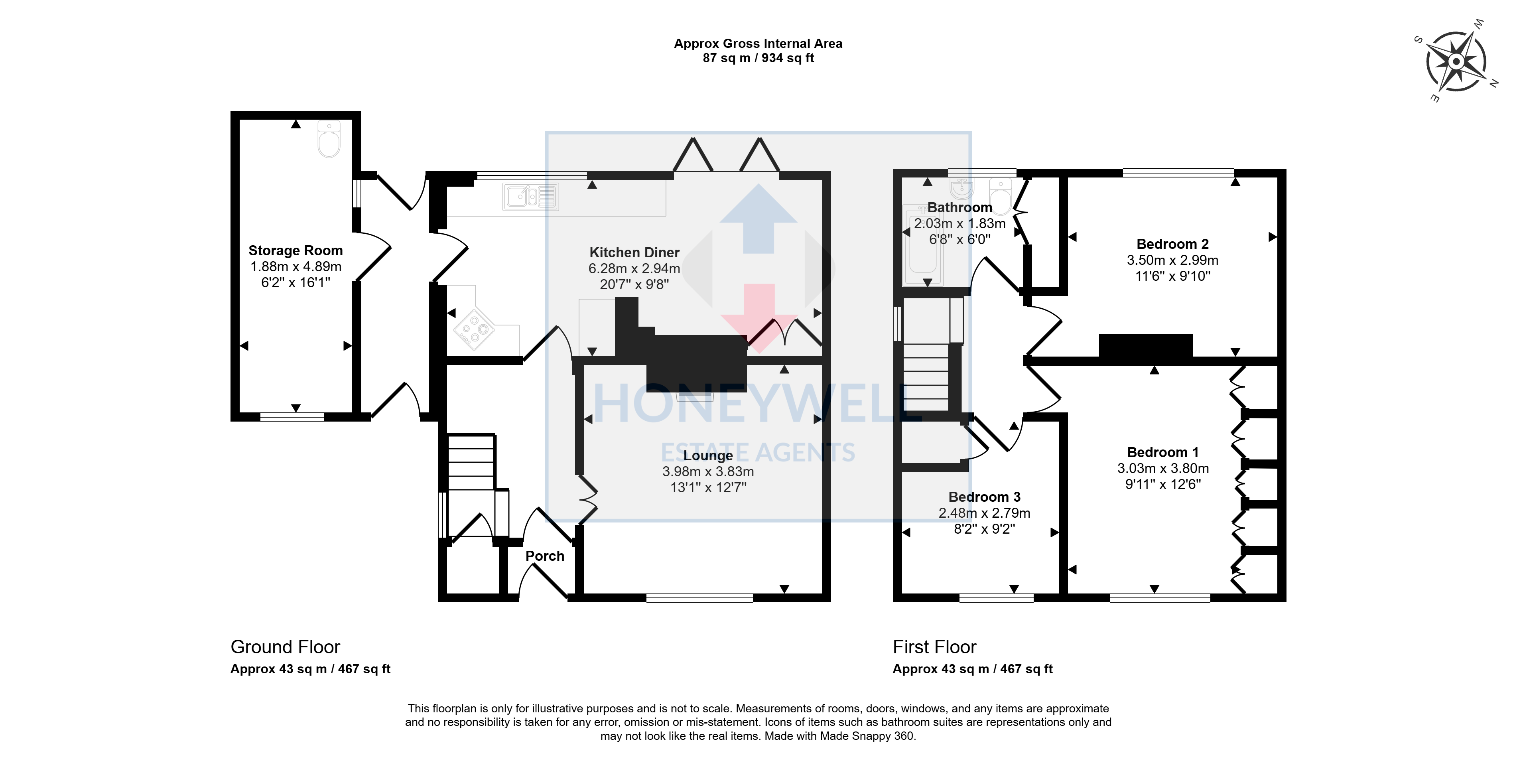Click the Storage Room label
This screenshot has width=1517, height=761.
tap(296, 250)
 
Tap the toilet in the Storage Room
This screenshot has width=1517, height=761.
tap(329, 139)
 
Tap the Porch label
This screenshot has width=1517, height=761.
tap(545, 556)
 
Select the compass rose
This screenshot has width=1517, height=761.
tap(1456, 62)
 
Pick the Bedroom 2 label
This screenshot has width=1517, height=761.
tap(1172, 244)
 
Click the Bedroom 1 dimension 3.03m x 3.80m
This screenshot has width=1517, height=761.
tap(1163, 468)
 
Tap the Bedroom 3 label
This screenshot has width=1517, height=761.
tap(984, 497)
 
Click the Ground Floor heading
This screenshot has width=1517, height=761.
tap(285, 647)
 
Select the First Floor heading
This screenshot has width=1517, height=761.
tap(935, 647)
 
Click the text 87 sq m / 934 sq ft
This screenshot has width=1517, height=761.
tap(758, 58)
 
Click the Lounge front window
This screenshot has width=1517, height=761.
tap(699, 598)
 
